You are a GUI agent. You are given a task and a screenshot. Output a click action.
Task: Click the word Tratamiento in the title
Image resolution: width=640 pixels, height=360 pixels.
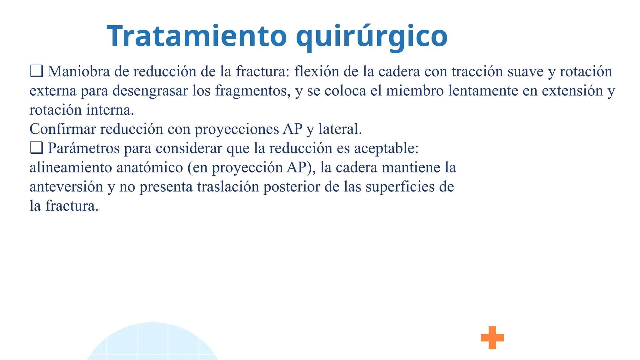coord(197,36)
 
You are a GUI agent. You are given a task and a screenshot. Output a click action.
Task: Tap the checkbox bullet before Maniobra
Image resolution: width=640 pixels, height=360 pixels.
coord(36,71)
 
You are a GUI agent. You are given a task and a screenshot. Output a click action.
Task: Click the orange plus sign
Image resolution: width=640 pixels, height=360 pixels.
coord(492,337)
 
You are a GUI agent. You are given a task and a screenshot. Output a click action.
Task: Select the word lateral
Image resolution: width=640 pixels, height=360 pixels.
coord(340,129)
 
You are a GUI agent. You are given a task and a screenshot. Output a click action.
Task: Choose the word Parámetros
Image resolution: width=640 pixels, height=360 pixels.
coord(84,148)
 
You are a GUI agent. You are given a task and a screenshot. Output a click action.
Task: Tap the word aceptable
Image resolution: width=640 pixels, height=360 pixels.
coord(386,148)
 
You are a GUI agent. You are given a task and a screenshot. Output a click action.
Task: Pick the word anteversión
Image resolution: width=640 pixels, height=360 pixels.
coord(66,187)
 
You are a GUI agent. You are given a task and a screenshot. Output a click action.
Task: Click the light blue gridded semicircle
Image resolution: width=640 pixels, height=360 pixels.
coord(152,344)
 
